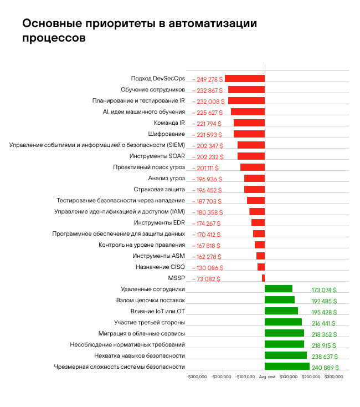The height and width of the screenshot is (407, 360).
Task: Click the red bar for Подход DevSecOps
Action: coord(244,79)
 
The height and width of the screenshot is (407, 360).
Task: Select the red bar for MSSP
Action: coord(263,278)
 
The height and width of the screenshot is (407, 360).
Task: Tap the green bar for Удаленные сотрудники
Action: coord(278,288)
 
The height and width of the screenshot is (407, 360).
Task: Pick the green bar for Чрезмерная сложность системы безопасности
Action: coord(287,367)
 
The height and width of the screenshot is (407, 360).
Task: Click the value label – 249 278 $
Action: coord(207,79)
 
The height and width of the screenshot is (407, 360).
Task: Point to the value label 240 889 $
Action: coord(325,368)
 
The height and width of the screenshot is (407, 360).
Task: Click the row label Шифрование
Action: coord(167,134)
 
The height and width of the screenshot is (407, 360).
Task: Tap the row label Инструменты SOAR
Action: coord(161,156)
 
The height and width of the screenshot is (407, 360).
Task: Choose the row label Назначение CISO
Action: coord(160,267)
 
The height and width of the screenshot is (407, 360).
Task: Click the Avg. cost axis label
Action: coord(268,377)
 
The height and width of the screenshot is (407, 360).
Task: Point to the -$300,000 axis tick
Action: coord(197,377)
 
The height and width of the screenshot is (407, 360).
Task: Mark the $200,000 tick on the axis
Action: coord(311,377)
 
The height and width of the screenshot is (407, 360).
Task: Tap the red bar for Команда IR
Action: coord(249,123)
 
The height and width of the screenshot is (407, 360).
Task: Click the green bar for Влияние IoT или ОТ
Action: coord(281,311)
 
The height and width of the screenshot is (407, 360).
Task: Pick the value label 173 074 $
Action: coord(324,290)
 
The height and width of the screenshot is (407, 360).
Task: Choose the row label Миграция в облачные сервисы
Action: coord(142,333)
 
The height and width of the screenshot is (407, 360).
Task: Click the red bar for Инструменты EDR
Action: coord(258,223)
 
